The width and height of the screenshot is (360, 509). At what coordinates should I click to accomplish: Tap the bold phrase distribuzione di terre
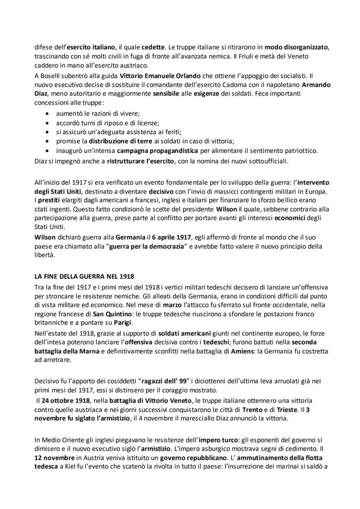click(x=119, y=141)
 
